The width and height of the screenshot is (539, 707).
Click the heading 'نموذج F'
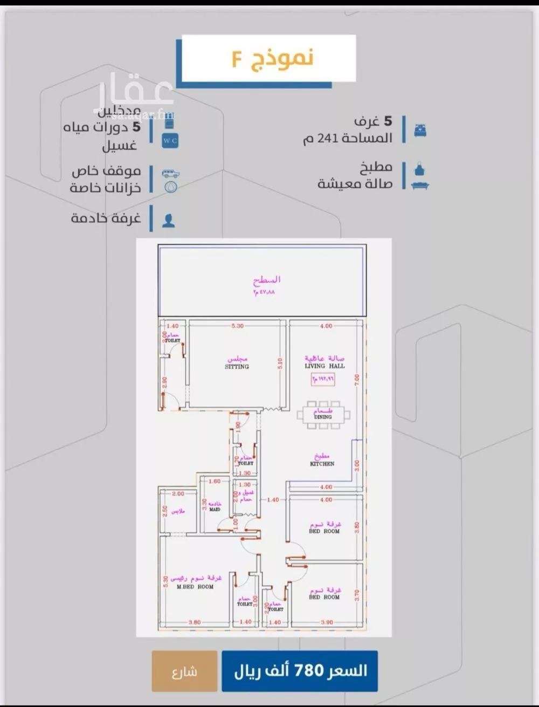(x=272, y=58)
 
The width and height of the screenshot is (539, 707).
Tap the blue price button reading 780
(x=300, y=671)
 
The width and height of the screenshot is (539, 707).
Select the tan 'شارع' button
(x=184, y=671)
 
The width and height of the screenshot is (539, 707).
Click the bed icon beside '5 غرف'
(x=420, y=130)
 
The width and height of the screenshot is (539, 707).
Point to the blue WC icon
(x=170, y=141)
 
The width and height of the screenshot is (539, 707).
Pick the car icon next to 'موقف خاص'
(x=170, y=174)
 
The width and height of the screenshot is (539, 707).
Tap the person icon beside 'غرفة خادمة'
(x=169, y=220)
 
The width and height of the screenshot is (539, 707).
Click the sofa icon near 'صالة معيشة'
(x=420, y=185)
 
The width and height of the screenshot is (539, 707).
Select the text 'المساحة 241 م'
(x=348, y=139)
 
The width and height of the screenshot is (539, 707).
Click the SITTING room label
(x=237, y=366)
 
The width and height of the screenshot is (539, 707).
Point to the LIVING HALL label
(x=324, y=366)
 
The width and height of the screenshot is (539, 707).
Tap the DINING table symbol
(x=323, y=415)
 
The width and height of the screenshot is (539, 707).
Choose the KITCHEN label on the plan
(x=322, y=463)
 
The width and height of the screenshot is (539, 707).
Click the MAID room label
(x=215, y=509)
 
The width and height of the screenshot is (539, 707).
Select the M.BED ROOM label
(x=195, y=586)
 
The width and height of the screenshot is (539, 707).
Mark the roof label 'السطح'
(x=267, y=280)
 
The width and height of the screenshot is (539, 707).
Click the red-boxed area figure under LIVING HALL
(x=322, y=379)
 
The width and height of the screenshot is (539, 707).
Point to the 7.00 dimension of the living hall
(x=356, y=380)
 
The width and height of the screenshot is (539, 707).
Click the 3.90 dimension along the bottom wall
(x=327, y=622)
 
